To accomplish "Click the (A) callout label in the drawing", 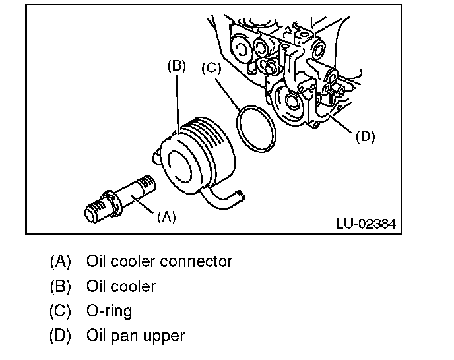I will (x=166, y=216).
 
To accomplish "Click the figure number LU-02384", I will (x=366, y=224).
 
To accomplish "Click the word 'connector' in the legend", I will (x=197, y=261).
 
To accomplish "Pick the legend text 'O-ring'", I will (x=109, y=311).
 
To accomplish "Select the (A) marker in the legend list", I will (x=59, y=261).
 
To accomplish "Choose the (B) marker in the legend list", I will (x=59, y=286).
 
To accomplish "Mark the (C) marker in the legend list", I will (x=59, y=311).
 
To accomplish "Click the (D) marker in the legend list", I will (x=59, y=335).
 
